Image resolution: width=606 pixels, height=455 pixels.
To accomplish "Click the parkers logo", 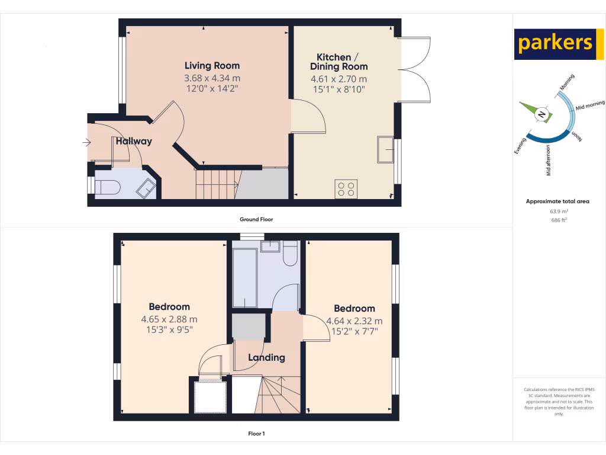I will click(x=555, y=44).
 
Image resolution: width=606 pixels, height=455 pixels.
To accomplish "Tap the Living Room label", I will click(x=212, y=66).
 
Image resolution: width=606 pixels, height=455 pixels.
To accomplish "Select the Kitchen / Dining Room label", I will click(x=339, y=62).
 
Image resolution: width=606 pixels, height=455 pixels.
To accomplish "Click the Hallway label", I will click(x=134, y=142).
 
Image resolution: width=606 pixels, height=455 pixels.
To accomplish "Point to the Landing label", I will click(x=266, y=358).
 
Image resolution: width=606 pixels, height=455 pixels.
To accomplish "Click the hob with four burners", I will click(x=346, y=188).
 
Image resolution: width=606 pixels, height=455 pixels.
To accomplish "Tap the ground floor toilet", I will click(x=107, y=187).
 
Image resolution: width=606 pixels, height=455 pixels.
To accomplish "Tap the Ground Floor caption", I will click(x=256, y=219).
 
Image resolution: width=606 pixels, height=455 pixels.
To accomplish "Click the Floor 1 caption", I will click(x=256, y=434).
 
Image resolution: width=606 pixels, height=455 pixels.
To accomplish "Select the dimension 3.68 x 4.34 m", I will click(x=212, y=78).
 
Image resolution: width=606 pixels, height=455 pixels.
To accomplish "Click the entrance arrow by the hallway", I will click(x=86, y=142).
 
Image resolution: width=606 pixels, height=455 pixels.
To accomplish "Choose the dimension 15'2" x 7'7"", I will click(x=354, y=331).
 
